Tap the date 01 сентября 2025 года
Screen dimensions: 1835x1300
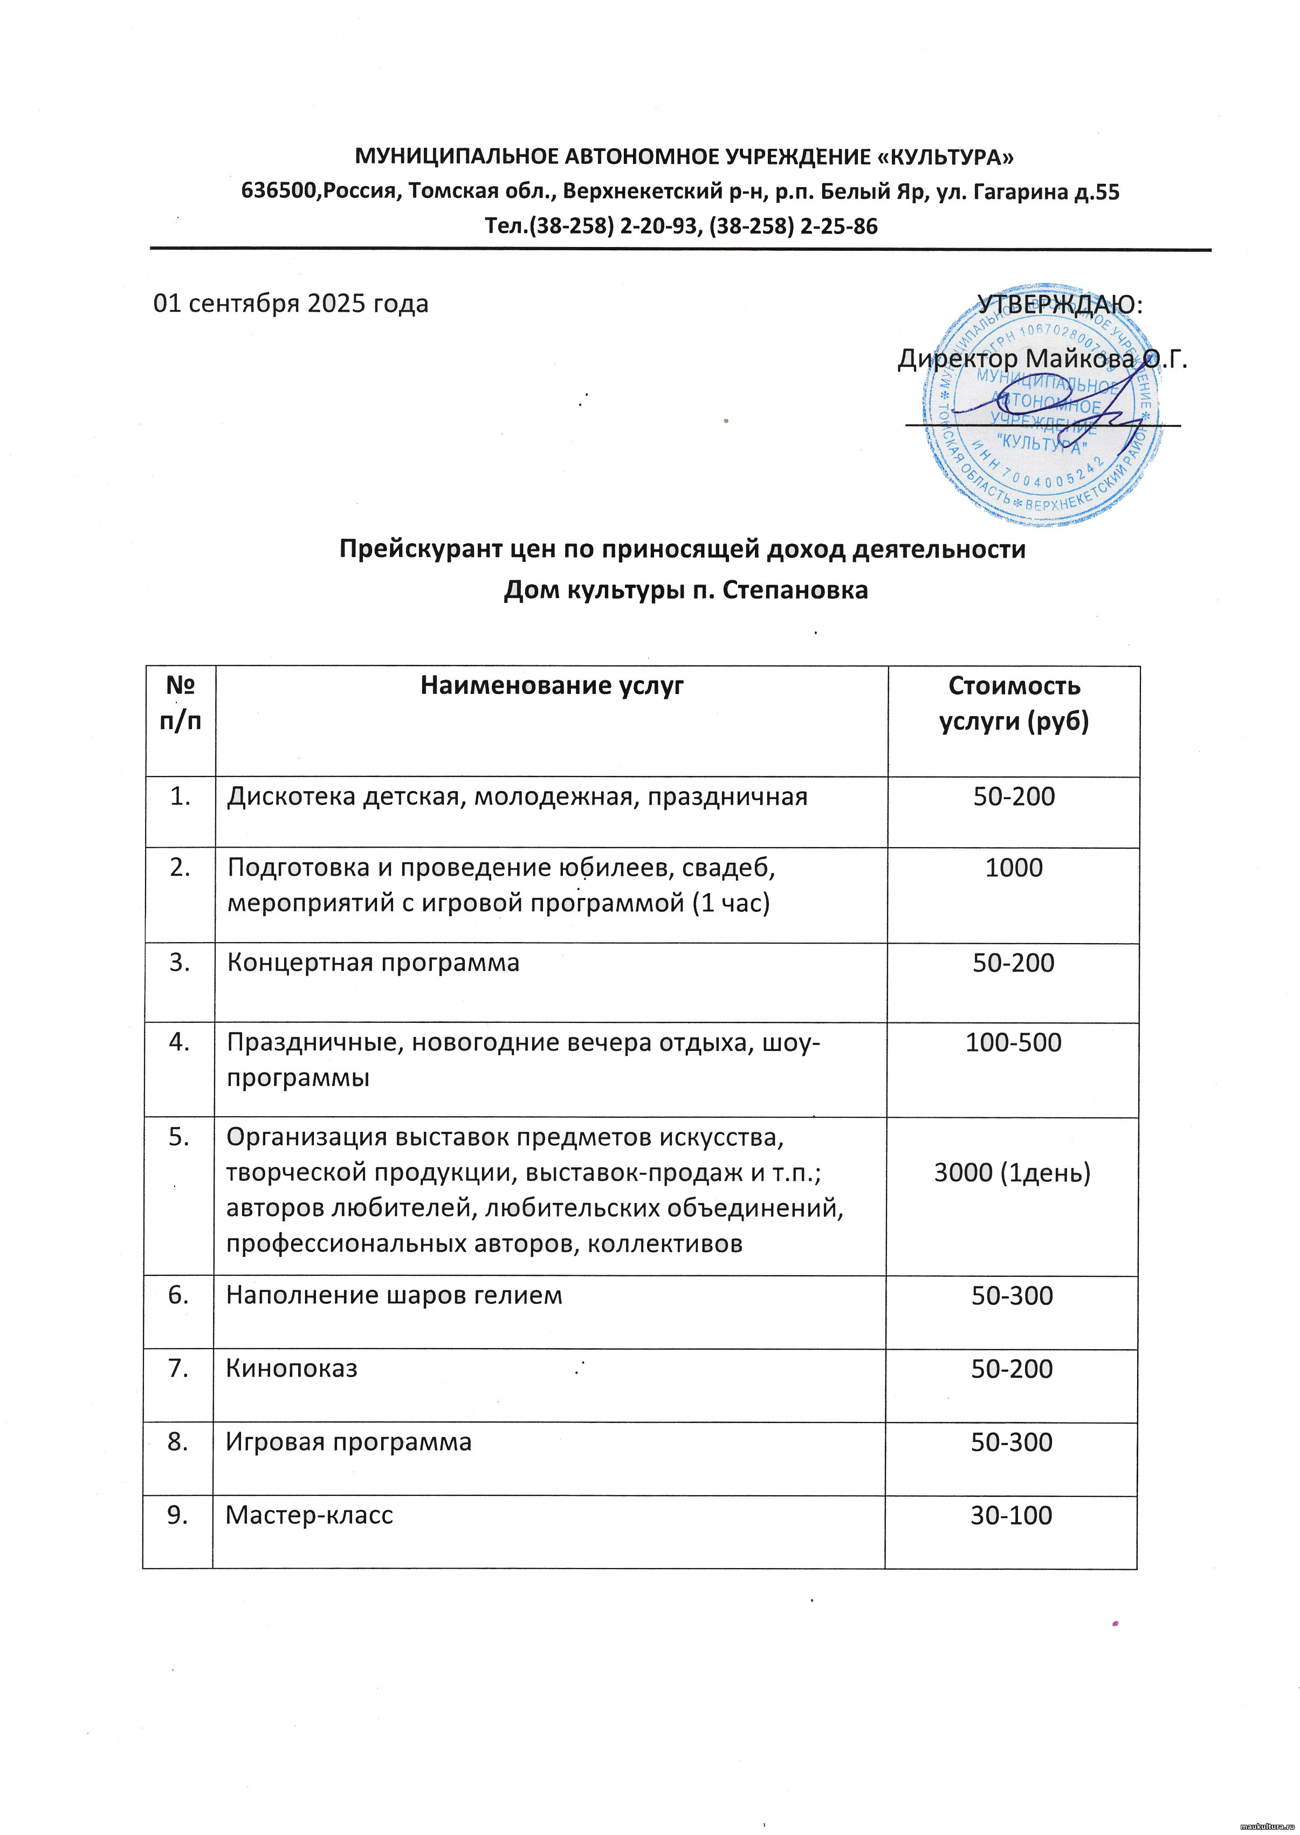tap(291, 304)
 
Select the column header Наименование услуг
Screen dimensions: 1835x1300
tap(552, 686)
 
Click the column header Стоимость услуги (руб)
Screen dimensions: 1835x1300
tap(1014, 704)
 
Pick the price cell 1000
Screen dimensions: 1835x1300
tap(1014, 868)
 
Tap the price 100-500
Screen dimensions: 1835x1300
tap(1014, 1042)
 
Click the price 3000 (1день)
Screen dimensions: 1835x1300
tap(1012, 1173)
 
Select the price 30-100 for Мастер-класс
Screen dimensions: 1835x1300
tap(1011, 1515)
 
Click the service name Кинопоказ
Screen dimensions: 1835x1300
tap(291, 1368)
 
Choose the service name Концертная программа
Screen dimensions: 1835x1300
tap(373, 963)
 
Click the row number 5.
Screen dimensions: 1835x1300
tap(180, 1137)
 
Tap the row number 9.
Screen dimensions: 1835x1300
tap(178, 1515)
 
